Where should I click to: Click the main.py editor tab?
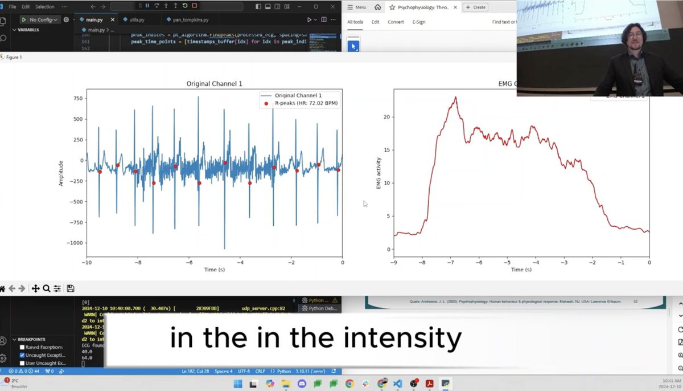(94, 19)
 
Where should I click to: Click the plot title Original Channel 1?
(214, 84)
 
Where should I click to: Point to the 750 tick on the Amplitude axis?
(79, 98)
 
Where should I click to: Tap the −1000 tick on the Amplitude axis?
(75, 243)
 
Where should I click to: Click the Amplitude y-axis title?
(61, 173)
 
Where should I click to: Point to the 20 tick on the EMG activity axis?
(388, 117)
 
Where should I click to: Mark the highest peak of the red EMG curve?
(455, 97)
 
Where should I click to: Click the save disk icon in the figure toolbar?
(71, 288)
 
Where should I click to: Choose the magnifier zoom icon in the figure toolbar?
(46, 288)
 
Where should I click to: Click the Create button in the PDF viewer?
(475, 7)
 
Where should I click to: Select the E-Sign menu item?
(418, 22)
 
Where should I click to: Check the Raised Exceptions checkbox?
(22, 347)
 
